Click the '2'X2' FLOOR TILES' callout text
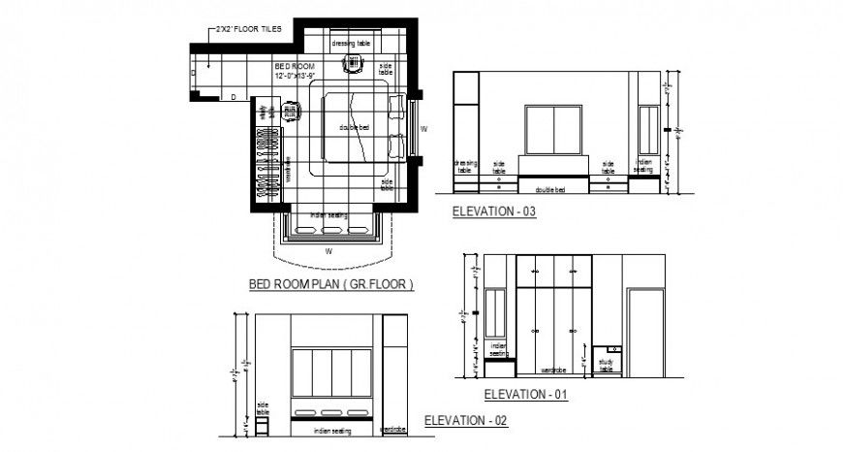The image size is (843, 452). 249,29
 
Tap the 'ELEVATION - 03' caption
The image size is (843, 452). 494,210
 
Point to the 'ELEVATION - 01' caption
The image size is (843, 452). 525,395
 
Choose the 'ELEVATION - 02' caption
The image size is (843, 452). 466,421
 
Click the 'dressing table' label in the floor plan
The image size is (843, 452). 350,44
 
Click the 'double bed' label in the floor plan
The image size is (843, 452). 354,127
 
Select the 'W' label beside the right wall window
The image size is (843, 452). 423,127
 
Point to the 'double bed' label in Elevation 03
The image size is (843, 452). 554,189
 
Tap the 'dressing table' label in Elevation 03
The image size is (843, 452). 466,166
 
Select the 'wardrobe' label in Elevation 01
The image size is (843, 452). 553,370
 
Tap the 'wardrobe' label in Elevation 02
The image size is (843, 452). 392,428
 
